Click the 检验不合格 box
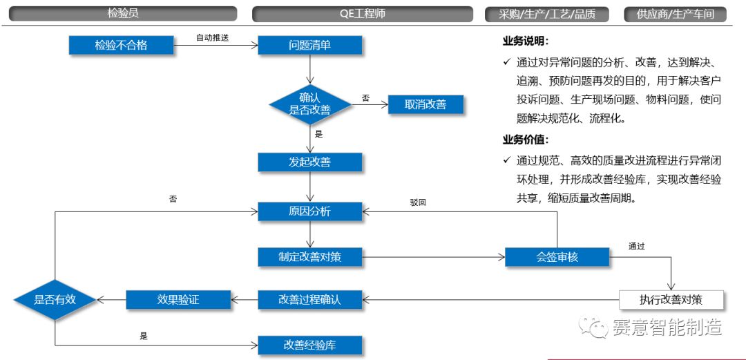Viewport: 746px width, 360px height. point(121,46)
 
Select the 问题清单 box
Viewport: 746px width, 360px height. point(309,46)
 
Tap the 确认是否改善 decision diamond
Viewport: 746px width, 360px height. point(309,104)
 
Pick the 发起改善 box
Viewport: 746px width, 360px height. point(309,162)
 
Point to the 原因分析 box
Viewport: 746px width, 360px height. point(309,211)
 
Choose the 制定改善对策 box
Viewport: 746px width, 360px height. point(309,257)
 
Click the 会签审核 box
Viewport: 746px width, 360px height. point(557,257)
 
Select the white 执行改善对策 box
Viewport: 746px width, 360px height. point(671,299)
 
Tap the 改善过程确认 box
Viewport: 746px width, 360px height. point(309,299)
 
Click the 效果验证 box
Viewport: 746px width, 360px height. point(178,299)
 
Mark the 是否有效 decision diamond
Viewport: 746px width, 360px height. point(55,299)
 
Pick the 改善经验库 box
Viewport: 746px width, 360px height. point(309,345)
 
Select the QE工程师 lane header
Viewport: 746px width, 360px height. point(363,14)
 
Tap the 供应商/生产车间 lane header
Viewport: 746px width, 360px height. point(675,14)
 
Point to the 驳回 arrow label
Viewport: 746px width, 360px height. point(418,202)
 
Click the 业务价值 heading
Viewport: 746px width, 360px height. point(526,140)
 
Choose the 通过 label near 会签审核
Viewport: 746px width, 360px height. point(637,246)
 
